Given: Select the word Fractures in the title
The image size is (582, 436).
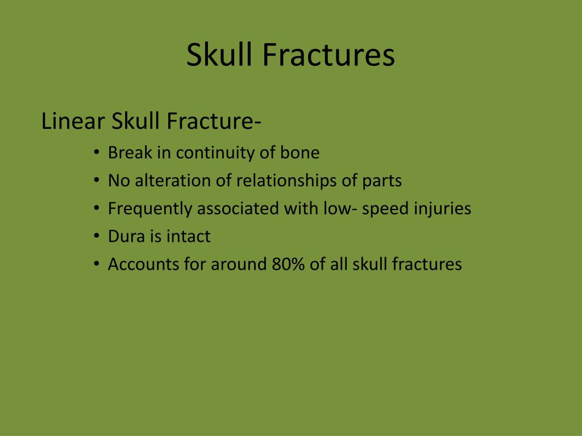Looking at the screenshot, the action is (329, 54).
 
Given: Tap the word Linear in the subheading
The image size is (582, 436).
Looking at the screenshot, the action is (73, 121).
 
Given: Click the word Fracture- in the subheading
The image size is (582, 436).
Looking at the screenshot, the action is (214, 121).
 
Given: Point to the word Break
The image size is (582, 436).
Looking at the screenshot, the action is (130, 152).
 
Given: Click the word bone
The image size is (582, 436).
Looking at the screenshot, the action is (300, 152).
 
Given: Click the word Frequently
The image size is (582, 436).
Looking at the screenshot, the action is (150, 209).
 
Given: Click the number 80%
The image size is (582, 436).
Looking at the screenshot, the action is (288, 265).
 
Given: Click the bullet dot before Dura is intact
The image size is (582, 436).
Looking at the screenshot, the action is (97, 236).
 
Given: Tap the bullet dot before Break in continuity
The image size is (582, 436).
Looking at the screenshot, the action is (97, 152).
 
